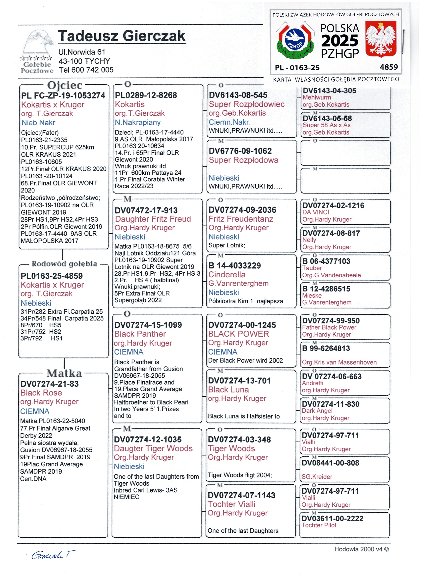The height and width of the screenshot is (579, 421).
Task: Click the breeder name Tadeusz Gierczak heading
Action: [122, 36]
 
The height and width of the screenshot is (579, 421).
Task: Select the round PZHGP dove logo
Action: [295, 40]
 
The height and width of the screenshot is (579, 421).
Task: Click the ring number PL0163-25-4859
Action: [52, 276]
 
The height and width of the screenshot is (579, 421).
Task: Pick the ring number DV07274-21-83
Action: [50, 384]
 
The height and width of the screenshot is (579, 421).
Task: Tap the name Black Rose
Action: [41, 393]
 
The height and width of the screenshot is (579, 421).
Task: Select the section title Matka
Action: [64, 373]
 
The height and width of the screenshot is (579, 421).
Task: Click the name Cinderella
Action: [227, 274]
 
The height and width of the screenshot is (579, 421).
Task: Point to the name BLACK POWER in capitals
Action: [238, 334]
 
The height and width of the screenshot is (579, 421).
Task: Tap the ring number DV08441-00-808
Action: [330, 463]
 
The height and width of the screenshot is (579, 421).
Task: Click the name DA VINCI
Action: [316, 212]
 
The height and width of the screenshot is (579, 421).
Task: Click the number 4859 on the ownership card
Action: [389, 67]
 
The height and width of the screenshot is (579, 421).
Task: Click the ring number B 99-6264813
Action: [326, 348]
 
